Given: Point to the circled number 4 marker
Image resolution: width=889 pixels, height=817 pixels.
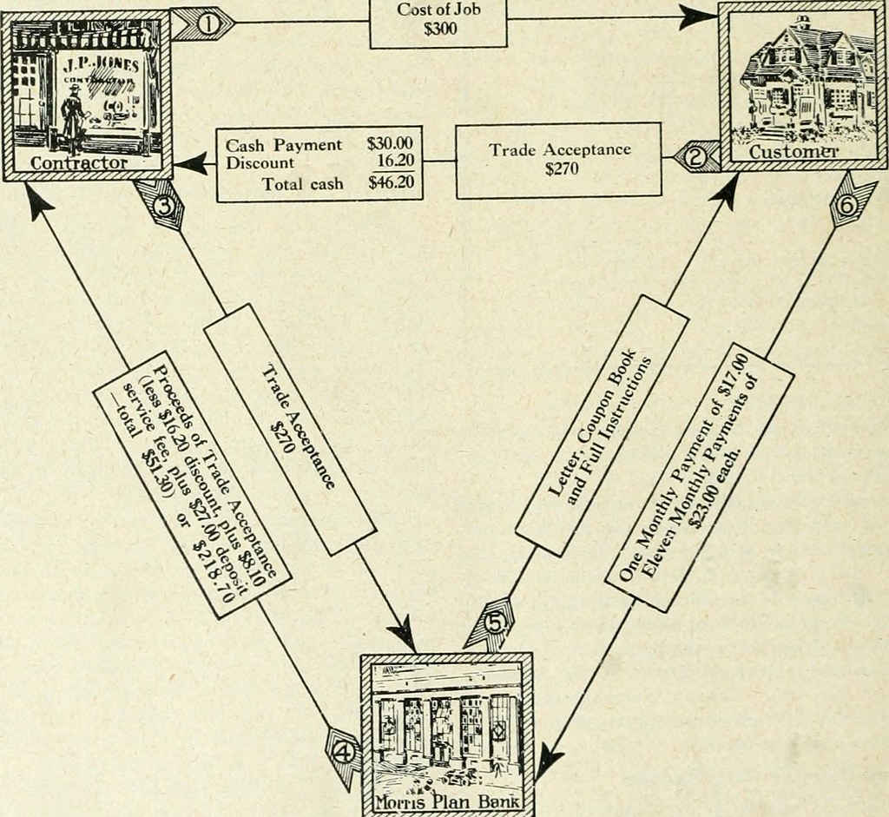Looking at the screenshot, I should coord(344,753).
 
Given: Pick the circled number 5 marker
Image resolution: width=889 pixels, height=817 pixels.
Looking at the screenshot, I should coord(492,624).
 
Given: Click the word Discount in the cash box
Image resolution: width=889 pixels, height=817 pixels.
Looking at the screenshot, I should coord(260,162).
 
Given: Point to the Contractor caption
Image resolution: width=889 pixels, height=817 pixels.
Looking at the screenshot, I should coord(79,163).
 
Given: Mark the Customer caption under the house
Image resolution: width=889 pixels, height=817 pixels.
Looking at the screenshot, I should coord(793,153).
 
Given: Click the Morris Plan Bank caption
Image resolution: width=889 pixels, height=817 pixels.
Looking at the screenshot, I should coord(447,801).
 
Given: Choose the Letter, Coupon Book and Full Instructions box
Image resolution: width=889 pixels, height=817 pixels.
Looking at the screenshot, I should coord(602,425).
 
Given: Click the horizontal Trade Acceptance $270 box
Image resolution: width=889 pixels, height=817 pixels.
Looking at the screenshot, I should coord(558,159).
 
